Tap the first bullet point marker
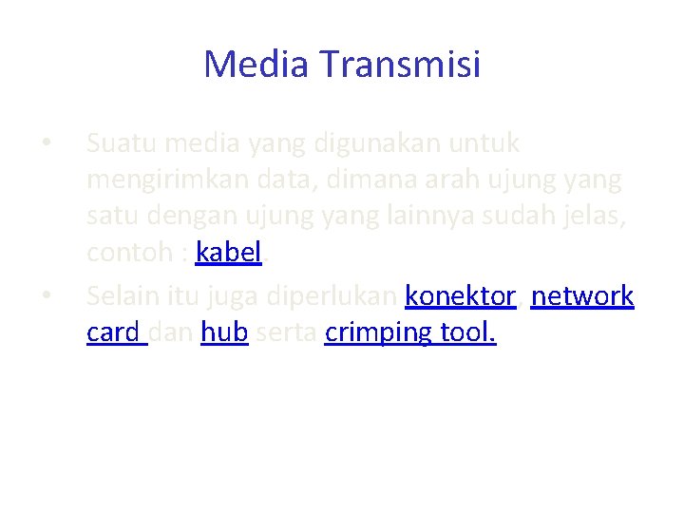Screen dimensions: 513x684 tap(47, 144)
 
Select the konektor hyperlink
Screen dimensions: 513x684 tap(460, 296)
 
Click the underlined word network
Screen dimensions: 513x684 tap(582, 296)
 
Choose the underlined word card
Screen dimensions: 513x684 tap(114, 334)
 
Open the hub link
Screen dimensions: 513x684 tap(224, 334)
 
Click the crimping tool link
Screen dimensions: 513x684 tap(409, 334)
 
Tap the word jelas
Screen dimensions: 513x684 tap(598, 217)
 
